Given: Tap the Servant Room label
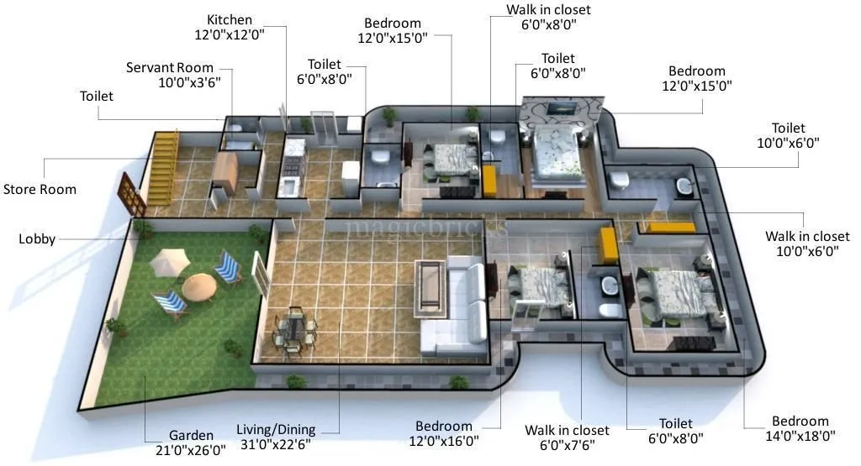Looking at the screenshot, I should point(170,76).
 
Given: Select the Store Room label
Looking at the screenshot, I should point(40,189).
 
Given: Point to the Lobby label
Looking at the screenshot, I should point(37,239).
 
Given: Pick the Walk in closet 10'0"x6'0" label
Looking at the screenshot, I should point(807,243).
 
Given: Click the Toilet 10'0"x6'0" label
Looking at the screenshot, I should point(788,135).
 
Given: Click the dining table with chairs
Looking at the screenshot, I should point(295,327).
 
